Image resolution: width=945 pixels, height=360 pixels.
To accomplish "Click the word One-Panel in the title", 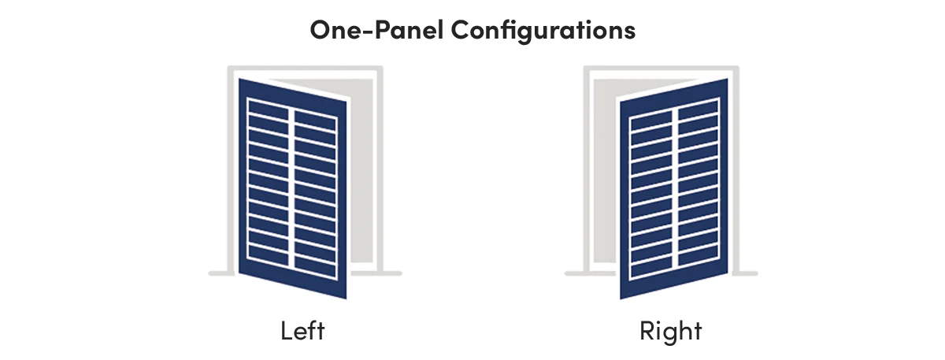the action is (x=376, y=30).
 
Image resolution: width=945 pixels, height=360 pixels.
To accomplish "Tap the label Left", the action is (x=302, y=330).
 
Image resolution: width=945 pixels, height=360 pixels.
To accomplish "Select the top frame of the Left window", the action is (x=306, y=69).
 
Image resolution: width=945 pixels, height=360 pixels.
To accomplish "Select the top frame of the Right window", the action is (x=661, y=69).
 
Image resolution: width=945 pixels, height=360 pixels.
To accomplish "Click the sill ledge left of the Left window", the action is (x=221, y=273).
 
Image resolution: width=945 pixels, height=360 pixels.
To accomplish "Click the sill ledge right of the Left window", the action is (x=376, y=273).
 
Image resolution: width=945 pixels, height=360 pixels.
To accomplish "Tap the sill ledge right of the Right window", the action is (x=745, y=273).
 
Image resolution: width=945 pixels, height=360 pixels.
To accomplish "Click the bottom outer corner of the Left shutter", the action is (x=346, y=299).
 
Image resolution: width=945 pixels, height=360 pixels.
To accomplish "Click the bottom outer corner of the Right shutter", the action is (x=621, y=299).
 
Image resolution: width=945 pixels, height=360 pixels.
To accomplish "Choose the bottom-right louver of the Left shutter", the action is (x=315, y=268).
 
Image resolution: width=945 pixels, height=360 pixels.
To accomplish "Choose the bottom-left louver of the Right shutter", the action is (x=651, y=268).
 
